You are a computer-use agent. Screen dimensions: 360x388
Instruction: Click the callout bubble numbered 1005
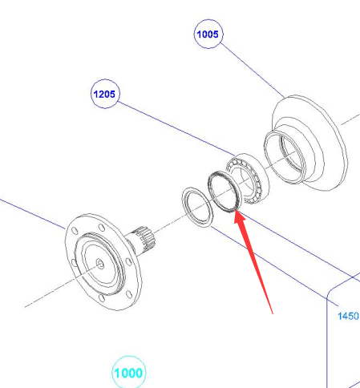coord(208,34)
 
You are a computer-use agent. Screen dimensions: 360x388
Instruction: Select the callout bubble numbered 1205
coord(105,94)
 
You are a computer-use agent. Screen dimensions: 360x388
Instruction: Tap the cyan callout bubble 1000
coord(129,372)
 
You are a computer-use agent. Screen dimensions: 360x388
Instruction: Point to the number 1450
coord(348,316)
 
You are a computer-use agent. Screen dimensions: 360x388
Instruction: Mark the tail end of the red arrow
coord(273,313)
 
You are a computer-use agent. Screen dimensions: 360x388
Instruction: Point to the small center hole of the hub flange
coord(100,264)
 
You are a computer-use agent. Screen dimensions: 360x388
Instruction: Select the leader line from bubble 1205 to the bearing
coord(176,128)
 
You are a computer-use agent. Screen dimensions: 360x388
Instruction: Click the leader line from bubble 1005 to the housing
coord(253,70)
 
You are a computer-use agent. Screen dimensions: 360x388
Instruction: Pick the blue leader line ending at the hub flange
coord(33,214)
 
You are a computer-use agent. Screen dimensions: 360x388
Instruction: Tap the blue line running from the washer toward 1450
coord(274,266)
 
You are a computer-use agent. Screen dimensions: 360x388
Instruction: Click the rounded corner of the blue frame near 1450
coord(331,292)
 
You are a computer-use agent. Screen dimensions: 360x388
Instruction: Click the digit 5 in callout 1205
coord(112,94)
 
